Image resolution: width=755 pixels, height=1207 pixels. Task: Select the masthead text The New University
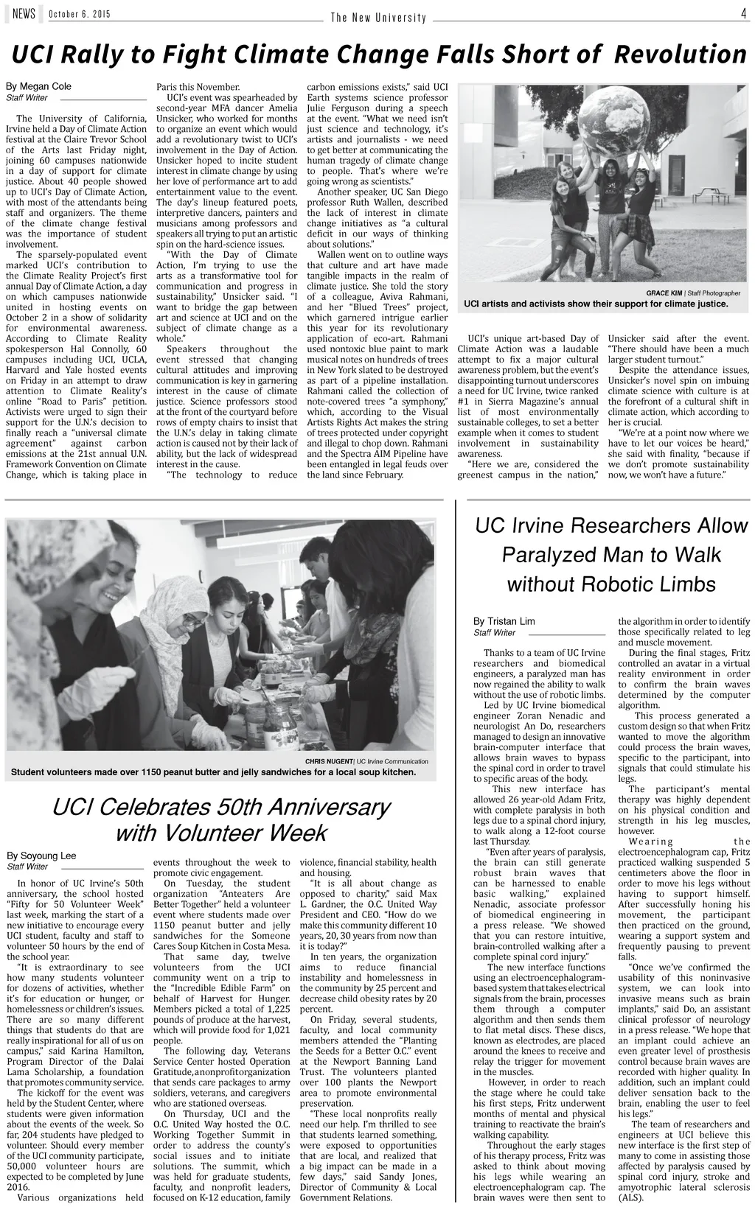[x=378, y=18]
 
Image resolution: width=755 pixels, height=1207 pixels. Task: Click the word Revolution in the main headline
[x=681, y=54]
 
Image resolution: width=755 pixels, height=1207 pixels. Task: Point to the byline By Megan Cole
[x=39, y=86]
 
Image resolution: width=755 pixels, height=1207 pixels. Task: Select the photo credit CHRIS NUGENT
[x=329, y=761]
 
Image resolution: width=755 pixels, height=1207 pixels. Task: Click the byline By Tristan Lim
[x=504, y=621]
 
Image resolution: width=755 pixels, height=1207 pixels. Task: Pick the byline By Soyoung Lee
[x=41, y=856]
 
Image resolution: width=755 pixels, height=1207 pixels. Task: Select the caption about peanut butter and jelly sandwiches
[x=214, y=772]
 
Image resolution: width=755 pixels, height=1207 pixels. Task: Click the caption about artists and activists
[x=596, y=304]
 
